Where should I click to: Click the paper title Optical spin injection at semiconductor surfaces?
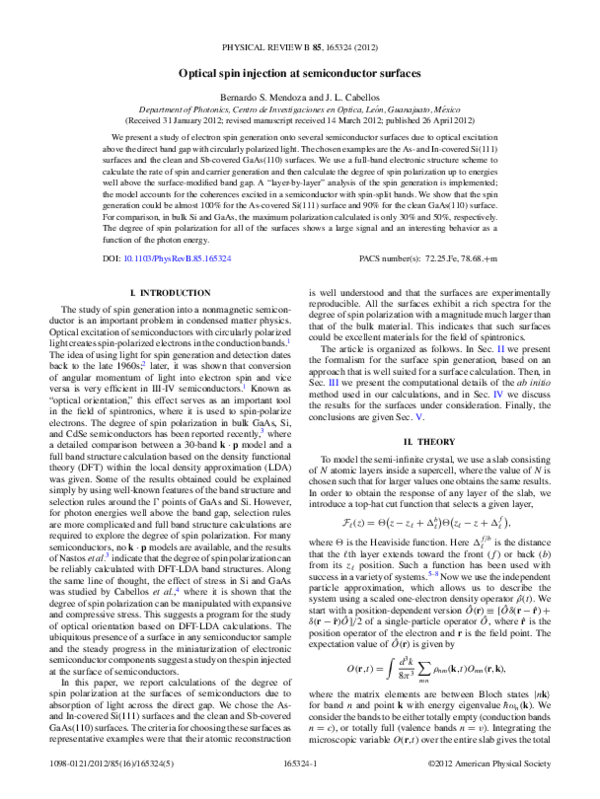pyautogui.click(x=300, y=73)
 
